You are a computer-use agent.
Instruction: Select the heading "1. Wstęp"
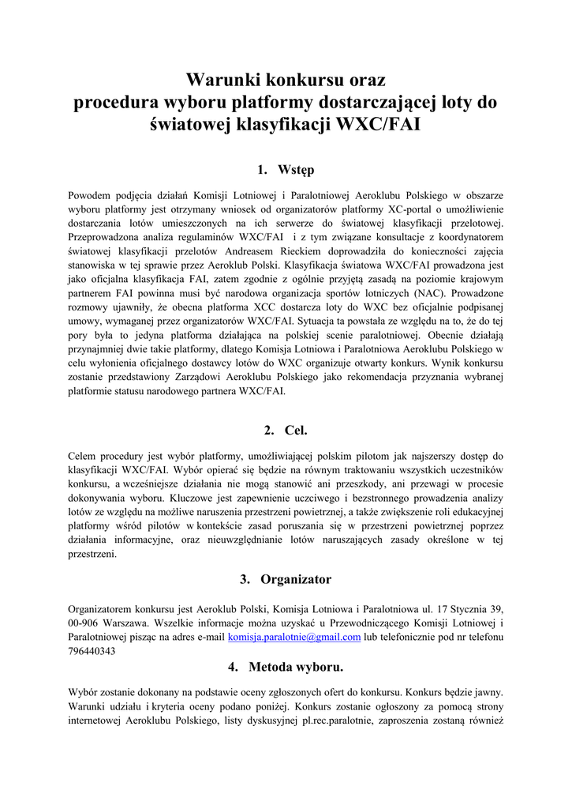(286, 170)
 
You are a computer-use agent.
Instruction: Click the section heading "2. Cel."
(286, 431)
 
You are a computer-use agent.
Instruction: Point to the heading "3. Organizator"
(286, 579)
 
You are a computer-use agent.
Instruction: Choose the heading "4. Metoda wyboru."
(286, 667)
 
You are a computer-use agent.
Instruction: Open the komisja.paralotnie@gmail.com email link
(294, 637)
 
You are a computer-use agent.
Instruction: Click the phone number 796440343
(92, 652)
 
